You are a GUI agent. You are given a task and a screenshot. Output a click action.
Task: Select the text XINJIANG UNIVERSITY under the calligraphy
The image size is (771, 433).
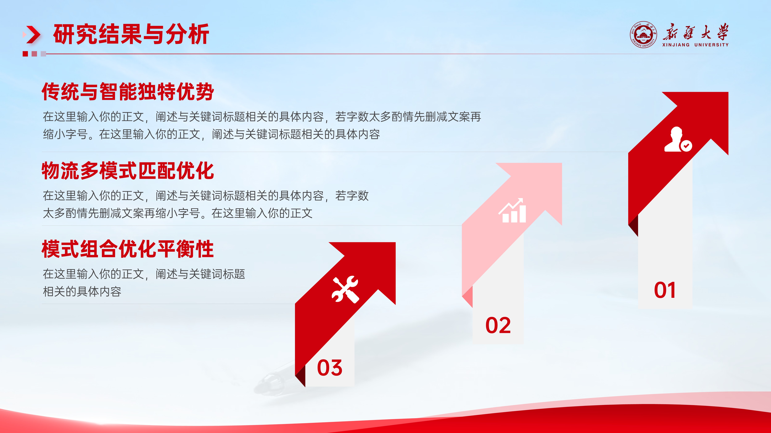click(695, 45)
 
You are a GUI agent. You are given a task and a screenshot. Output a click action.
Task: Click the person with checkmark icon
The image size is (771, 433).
click(678, 139)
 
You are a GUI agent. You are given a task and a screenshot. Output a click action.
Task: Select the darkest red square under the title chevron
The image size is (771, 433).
click(25, 54)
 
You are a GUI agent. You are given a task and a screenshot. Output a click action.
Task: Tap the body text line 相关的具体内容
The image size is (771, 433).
click(82, 292)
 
